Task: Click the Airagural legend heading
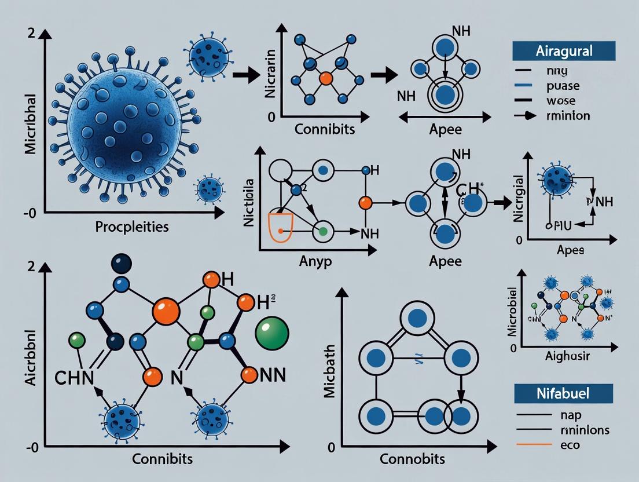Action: (563, 50)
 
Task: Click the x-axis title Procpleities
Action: (132, 227)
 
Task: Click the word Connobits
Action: (412, 459)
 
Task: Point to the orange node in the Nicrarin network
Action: (326, 77)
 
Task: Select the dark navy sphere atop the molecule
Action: (121, 264)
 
